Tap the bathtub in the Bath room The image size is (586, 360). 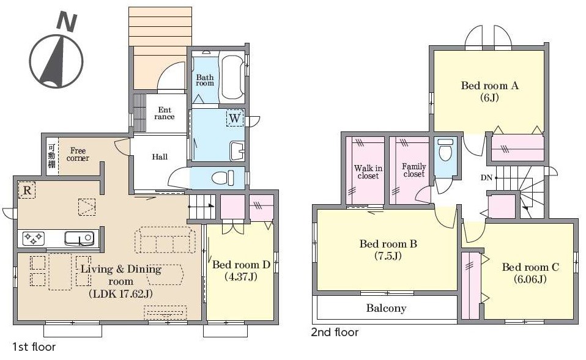(232, 78)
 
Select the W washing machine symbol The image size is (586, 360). (235, 118)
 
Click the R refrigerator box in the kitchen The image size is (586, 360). (27, 191)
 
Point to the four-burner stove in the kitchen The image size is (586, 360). (34, 238)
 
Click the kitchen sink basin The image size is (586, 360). (80, 238)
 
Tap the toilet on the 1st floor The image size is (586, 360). (223, 178)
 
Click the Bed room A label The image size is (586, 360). (489, 86)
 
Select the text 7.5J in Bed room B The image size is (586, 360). (388, 256)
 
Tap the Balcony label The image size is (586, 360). (386, 308)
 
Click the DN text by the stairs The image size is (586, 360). (486, 178)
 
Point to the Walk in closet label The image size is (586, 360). (368, 172)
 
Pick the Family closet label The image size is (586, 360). (414, 171)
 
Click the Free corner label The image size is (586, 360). (78, 154)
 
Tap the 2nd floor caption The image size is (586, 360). (335, 332)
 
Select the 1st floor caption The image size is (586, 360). (34, 347)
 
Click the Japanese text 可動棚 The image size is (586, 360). (51, 156)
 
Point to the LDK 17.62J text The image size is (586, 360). (121, 294)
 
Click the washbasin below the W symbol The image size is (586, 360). (237, 150)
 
